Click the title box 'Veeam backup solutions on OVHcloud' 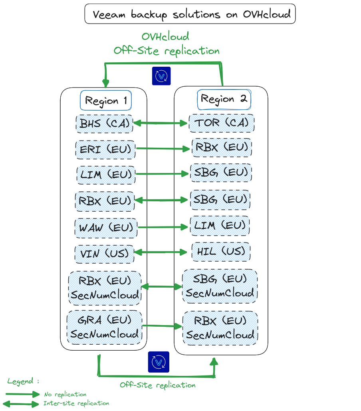click(190, 14)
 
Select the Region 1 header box click(106, 100)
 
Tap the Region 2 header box click(224, 99)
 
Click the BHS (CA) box click(104, 123)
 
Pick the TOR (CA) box click(221, 123)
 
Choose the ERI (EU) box click(105, 149)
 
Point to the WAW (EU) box click(105, 228)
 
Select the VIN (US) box click(104, 254)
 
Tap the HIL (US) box click(221, 252)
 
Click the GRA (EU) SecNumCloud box click(104, 326)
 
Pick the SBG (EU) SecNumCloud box click(220, 286)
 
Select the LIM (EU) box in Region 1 click(105, 175)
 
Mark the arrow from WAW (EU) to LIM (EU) click(162, 227)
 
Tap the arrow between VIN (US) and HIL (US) click(161, 252)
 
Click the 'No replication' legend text click(65, 394)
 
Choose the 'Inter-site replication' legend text click(76, 403)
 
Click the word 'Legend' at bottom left click(21, 381)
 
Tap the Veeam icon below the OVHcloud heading click(161, 76)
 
